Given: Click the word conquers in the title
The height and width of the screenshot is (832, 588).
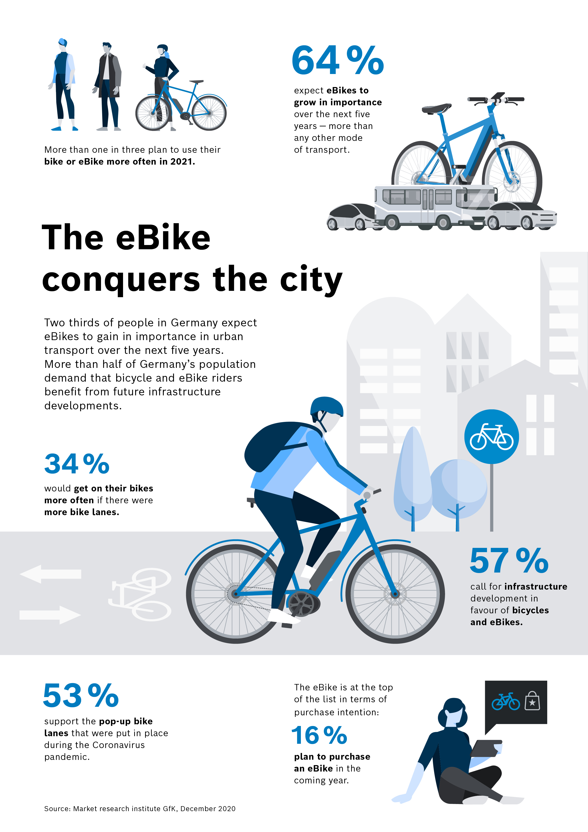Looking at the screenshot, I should pos(121,280).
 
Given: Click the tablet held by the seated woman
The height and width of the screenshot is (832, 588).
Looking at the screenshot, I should pos(486,748).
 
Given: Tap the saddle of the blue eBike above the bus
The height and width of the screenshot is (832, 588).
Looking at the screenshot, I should pos(436,108).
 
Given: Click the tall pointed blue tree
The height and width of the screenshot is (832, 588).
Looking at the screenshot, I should pos(412,475).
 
